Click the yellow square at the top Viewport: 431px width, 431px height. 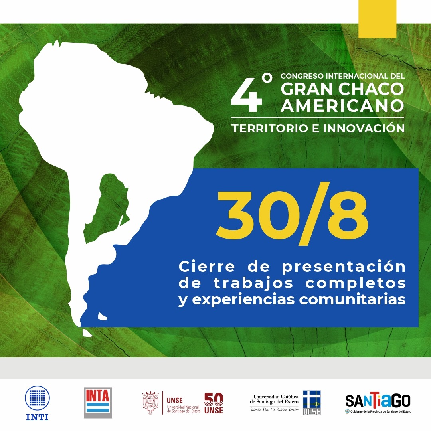click(377, 19)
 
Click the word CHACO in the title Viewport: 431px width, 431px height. click(371, 89)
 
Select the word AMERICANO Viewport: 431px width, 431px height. click(342, 105)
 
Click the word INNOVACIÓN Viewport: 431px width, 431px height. click(364, 128)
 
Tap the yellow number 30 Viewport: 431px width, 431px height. click(254, 214)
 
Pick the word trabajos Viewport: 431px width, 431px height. click(253, 283)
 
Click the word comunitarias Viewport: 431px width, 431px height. click(352, 299)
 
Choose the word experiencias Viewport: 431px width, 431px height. click(243, 300)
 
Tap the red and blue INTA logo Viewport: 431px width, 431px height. click(98, 403)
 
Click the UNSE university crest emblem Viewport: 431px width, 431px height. click(150, 403)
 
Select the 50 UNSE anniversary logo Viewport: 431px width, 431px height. click(214, 403)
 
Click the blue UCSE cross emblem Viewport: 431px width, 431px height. click(312, 403)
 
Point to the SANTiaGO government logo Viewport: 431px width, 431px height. click(378, 402)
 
